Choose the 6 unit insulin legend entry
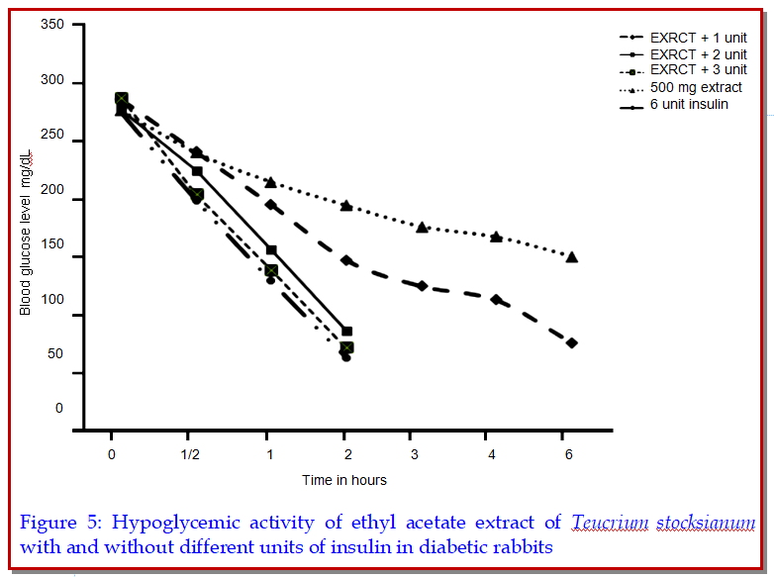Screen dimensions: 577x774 tap(689, 104)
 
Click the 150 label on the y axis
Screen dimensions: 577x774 tap(53, 257)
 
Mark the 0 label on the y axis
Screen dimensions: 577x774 tap(59, 409)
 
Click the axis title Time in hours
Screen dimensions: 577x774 tap(344, 480)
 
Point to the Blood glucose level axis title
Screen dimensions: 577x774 tap(27, 233)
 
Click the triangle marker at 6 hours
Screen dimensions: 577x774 tap(571, 257)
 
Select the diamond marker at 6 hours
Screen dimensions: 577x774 tap(571, 342)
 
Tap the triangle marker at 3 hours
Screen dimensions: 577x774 tap(422, 228)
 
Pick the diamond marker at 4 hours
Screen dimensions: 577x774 tap(496, 299)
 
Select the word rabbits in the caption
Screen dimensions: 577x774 tap(519, 546)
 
